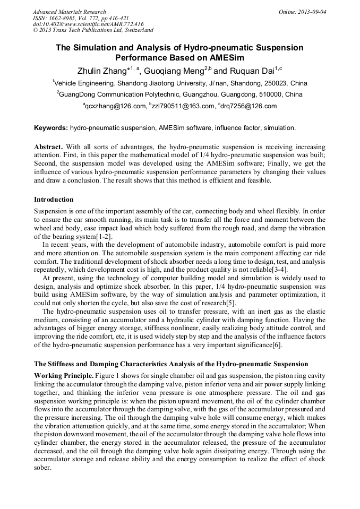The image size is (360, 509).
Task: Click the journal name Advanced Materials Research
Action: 69,12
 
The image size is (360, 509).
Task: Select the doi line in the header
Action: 88,24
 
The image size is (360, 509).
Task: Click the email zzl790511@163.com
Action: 180,106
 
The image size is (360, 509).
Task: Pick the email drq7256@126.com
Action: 249,106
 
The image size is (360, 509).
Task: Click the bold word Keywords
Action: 50,128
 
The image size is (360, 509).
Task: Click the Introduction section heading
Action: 54,200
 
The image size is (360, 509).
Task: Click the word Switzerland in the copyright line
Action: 136,30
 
